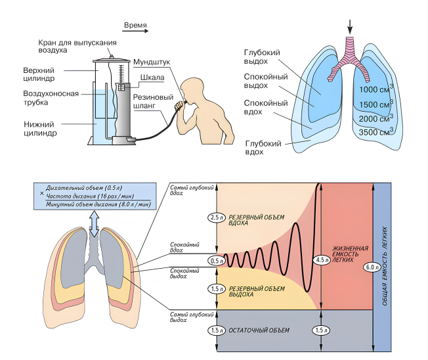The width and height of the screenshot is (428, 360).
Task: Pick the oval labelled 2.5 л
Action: pyautogui.click(x=216, y=217)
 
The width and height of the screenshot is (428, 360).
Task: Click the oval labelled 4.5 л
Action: pyautogui.click(x=320, y=259)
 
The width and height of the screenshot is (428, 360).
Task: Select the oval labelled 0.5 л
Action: pyautogui.click(x=216, y=261)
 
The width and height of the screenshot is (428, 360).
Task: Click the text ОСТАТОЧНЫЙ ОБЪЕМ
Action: pyautogui.click(x=259, y=329)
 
